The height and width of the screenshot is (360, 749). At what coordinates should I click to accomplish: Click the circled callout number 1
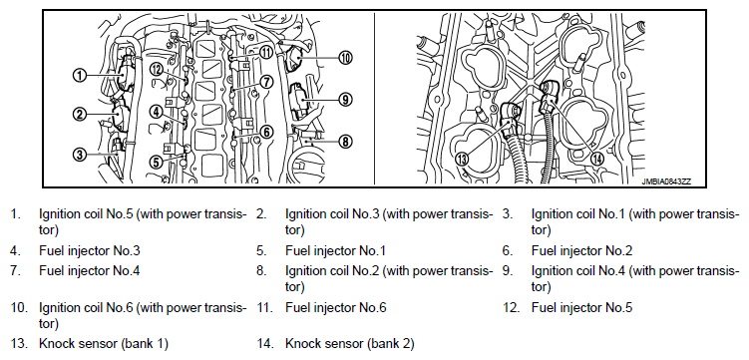[x=80, y=75]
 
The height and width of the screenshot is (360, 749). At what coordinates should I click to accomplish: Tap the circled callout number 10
[x=345, y=58]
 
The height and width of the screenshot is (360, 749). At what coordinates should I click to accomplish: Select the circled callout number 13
[x=462, y=159]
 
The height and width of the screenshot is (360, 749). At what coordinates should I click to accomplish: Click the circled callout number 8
[x=345, y=142]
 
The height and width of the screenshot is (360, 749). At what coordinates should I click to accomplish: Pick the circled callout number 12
[x=156, y=70]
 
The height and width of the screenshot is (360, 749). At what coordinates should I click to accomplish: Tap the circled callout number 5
[x=157, y=162]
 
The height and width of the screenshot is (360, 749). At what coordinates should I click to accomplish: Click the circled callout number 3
[x=80, y=155]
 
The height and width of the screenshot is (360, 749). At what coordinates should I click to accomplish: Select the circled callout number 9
[x=345, y=100]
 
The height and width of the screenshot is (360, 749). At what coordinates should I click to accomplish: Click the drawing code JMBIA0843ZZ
[x=666, y=181]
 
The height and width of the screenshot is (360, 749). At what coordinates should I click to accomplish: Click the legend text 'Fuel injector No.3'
[x=90, y=250]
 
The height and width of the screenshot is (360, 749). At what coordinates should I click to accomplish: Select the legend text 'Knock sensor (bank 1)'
[x=104, y=343]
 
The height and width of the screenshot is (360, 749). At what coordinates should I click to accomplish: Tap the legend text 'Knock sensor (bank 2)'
[x=350, y=343]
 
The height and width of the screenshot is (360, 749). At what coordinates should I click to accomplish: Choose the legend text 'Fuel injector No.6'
[x=336, y=307]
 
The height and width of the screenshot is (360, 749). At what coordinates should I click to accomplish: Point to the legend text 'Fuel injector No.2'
[x=581, y=250]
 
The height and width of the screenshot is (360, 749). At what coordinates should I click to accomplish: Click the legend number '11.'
[x=264, y=307]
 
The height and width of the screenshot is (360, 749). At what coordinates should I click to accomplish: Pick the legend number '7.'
[x=16, y=271]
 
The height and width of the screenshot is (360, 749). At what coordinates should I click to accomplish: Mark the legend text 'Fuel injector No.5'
[x=581, y=307]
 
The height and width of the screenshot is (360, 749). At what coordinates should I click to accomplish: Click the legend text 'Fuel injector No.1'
[x=335, y=250]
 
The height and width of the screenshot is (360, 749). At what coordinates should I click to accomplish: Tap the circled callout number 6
[x=266, y=132]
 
